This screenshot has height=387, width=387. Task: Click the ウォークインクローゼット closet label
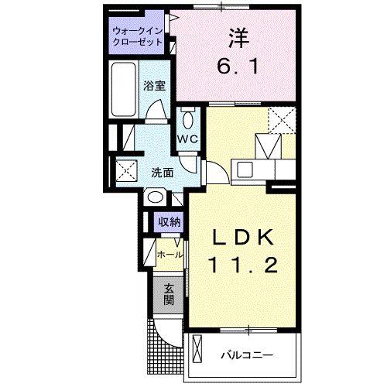tap(137, 36)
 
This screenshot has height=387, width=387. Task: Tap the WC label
tap(189, 139)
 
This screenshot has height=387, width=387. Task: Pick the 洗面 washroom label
tap(161, 173)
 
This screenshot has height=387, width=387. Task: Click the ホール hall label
tap(170, 253)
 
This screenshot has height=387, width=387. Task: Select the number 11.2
tap(241, 267)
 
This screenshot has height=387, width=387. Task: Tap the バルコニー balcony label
tap(248, 356)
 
